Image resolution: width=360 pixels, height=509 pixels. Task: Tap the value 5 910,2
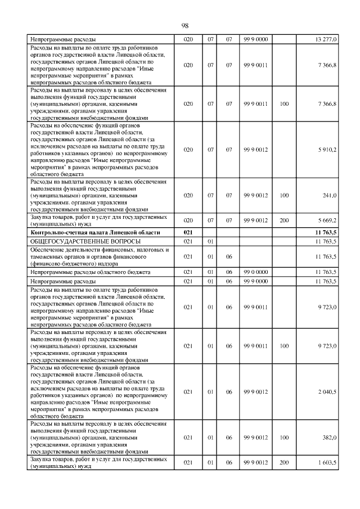click(327, 150)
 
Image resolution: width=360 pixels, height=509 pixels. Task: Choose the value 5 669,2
click(327, 220)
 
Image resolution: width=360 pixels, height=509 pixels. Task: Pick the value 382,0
click(329, 437)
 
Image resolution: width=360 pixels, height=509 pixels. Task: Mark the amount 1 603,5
click(327, 462)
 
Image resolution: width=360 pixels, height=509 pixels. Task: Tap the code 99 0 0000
click(255, 272)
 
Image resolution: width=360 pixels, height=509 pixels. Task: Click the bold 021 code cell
click(188, 232)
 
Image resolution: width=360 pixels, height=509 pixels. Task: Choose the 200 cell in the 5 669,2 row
click(284, 220)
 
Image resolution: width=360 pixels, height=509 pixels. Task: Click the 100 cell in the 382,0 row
click(284, 437)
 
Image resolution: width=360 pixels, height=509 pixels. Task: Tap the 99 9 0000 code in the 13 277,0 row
click(255, 39)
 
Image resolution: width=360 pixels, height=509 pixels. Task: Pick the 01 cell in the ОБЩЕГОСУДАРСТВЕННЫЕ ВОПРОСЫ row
click(210, 241)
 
